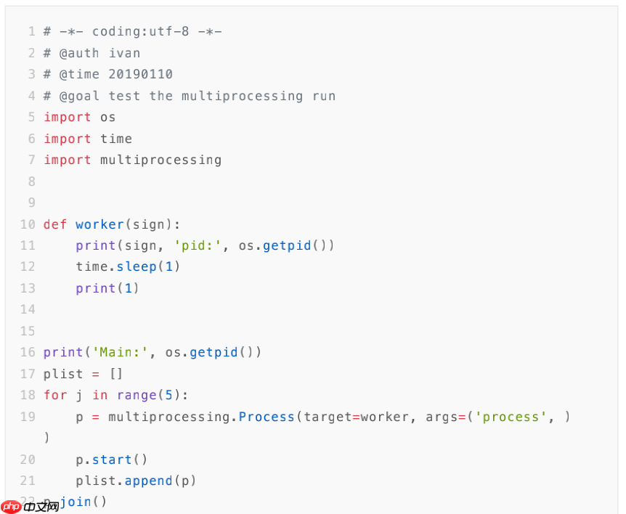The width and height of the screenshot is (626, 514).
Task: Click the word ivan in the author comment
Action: (x=125, y=53)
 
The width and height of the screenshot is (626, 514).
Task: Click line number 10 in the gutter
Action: (x=28, y=224)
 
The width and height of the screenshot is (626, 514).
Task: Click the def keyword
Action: (x=55, y=224)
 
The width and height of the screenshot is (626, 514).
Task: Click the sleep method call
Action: (x=137, y=266)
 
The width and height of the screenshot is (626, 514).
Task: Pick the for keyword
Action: (x=55, y=395)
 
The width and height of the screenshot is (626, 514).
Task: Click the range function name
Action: (x=137, y=395)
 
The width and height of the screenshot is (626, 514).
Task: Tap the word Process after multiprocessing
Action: (x=267, y=417)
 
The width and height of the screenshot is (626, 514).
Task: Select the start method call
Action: (x=113, y=460)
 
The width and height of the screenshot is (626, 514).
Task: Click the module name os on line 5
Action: (x=108, y=117)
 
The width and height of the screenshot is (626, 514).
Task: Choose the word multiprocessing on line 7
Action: (x=160, y=160)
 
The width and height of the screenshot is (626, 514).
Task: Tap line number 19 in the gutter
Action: (x=28, y=417)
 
